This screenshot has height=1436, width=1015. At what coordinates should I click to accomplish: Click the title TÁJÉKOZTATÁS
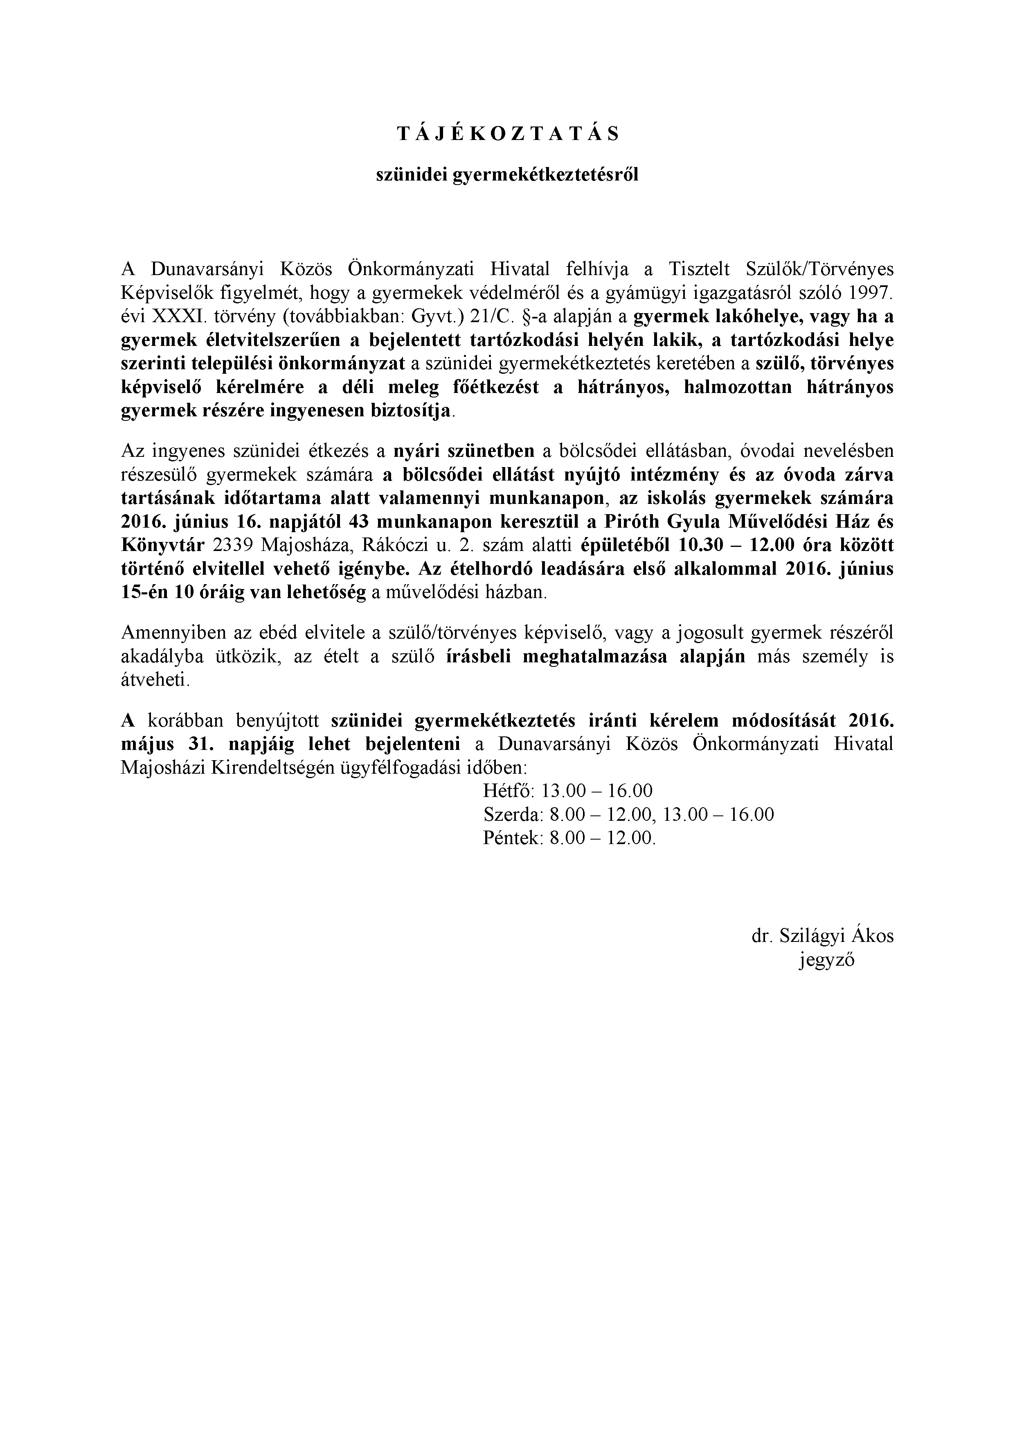click(507, 134)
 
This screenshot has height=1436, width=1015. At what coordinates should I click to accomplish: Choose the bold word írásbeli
click(479, 657)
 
